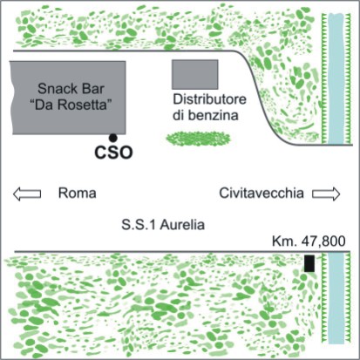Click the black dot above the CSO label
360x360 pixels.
112,138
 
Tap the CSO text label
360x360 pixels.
113,153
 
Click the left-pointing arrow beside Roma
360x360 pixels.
27,194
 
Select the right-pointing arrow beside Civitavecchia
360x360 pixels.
326,194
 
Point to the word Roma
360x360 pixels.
77,194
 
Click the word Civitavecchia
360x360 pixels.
262,194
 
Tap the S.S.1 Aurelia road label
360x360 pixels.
163,225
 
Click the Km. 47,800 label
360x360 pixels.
309,241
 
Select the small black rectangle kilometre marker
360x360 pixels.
309,263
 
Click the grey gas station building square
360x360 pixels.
195,74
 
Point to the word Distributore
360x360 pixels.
210,99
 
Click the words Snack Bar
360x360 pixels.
71,89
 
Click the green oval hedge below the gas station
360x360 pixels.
198,138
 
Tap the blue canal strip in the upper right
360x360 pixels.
336,78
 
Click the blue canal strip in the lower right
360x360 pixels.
336,298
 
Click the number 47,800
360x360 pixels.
323,241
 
